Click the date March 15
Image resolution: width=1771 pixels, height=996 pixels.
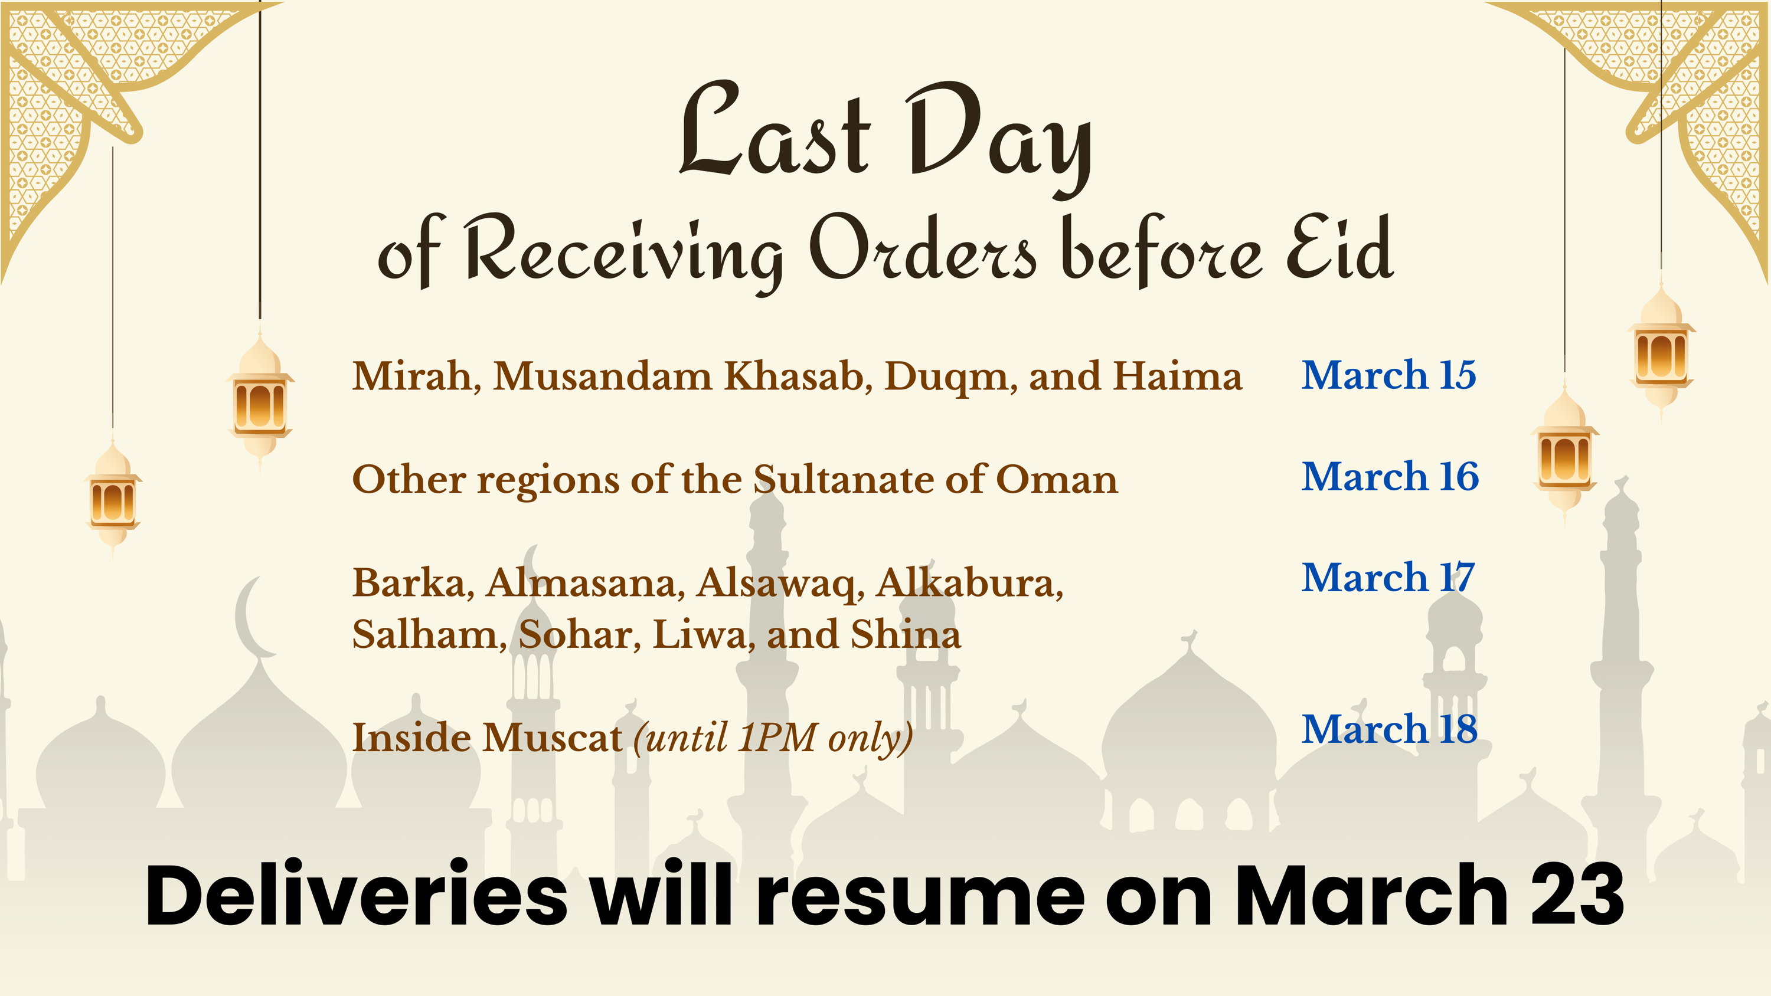pos(1388,375)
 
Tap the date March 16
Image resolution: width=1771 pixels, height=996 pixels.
pos(1390,476)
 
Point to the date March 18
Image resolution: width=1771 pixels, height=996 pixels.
pos(1390,729)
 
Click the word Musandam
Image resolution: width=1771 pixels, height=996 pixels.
pos(603,376)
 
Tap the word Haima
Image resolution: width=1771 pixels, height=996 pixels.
pos(1178,376)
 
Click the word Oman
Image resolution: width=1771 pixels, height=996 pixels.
pos(1057,479)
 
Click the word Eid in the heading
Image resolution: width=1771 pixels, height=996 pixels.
pos(1340,247)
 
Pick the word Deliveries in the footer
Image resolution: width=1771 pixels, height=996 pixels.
pos(357,895)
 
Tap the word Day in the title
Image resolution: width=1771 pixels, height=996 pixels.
pos(997,137)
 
